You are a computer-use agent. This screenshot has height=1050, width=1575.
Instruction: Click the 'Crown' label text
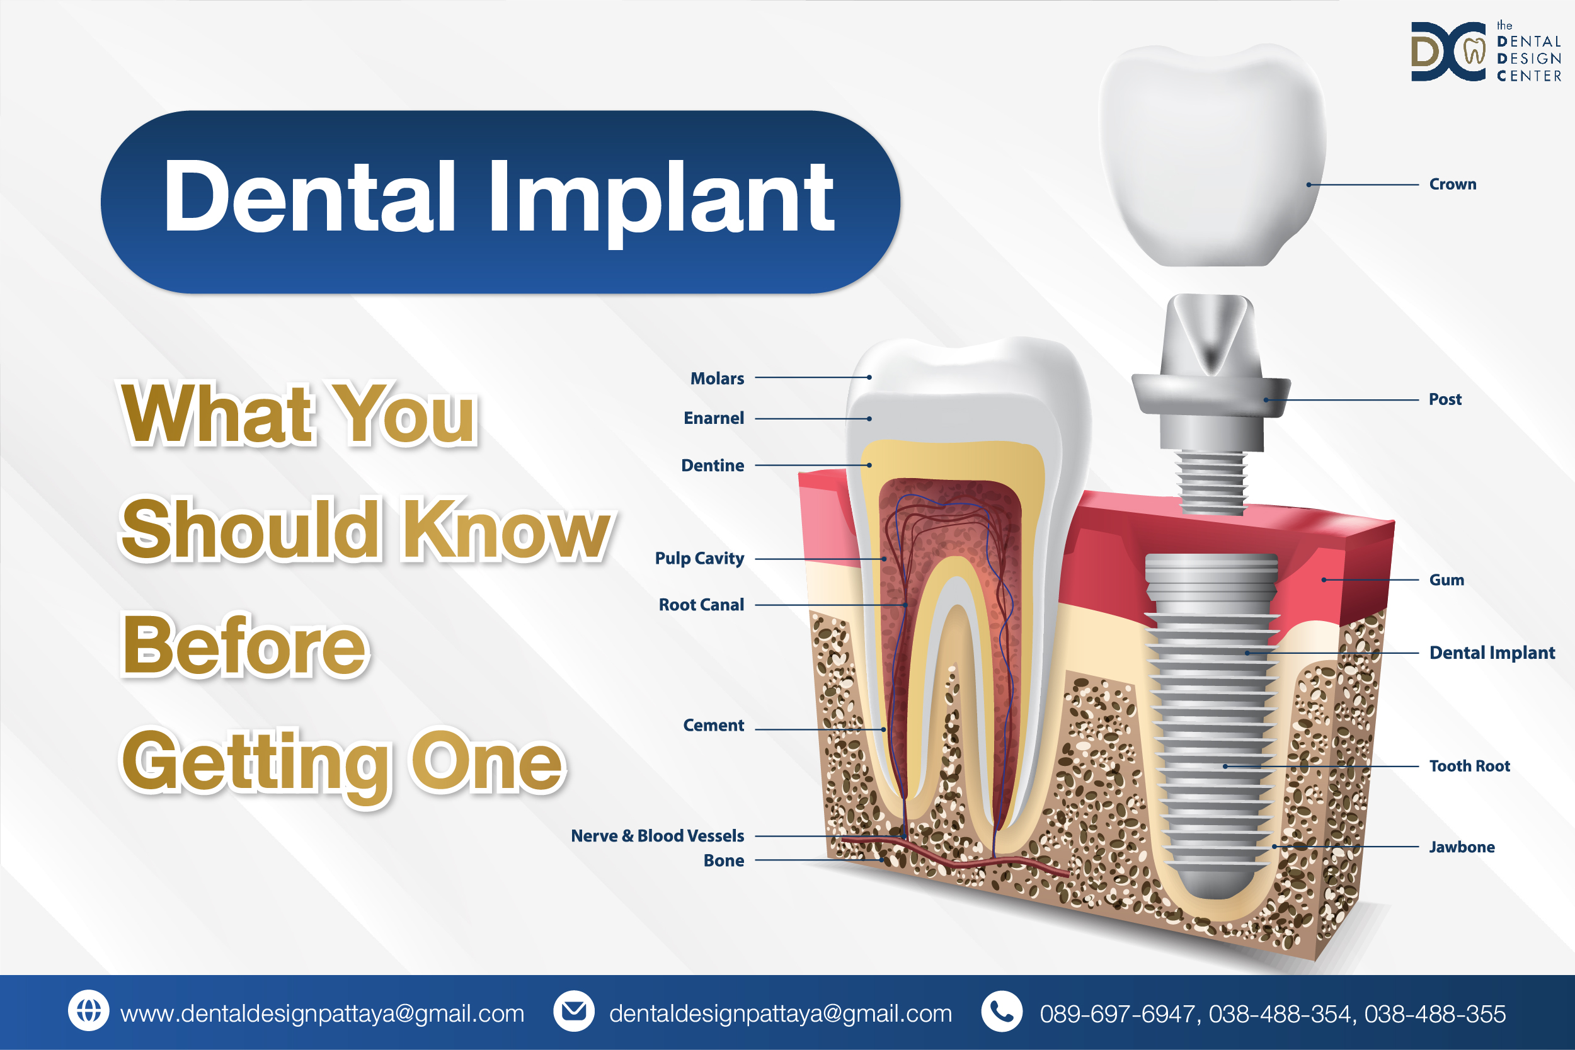click(1452, 184)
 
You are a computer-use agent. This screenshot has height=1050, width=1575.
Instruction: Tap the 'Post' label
click(1445, 399)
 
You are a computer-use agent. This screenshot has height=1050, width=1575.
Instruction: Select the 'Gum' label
click(1446, 580)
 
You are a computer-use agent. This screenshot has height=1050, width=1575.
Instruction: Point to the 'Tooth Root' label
click(1469, 766)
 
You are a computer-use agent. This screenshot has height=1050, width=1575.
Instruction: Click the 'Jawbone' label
click(1462, 847)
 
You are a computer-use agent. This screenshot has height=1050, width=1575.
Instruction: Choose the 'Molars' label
click(717, 379)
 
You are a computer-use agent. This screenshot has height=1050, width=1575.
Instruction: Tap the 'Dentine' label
click(713, 465)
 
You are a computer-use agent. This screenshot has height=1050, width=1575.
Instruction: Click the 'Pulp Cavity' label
click(700, 559)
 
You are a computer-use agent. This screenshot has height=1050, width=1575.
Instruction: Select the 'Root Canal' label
click(701, 605)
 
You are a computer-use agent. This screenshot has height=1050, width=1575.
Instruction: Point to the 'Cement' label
click(713, 725)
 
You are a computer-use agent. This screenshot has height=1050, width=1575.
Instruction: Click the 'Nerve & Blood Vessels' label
click(658, 836)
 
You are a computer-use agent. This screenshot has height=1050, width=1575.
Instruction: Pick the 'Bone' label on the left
click(724, 860)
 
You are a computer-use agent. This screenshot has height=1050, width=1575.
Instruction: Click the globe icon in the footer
click(88, 1010)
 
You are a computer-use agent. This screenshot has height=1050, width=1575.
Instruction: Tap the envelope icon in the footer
click(574, 1010)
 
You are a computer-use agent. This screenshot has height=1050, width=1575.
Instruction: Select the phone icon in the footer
click(1002, 1010)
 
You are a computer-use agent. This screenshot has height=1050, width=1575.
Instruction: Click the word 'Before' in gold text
click(245, 646)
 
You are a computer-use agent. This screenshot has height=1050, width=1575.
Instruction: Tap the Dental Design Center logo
click(1486, 52)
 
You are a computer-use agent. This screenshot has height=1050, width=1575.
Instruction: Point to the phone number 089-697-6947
click(1118, 1014)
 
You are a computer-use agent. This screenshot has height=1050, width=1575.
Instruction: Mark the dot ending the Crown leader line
click(1309, 185)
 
